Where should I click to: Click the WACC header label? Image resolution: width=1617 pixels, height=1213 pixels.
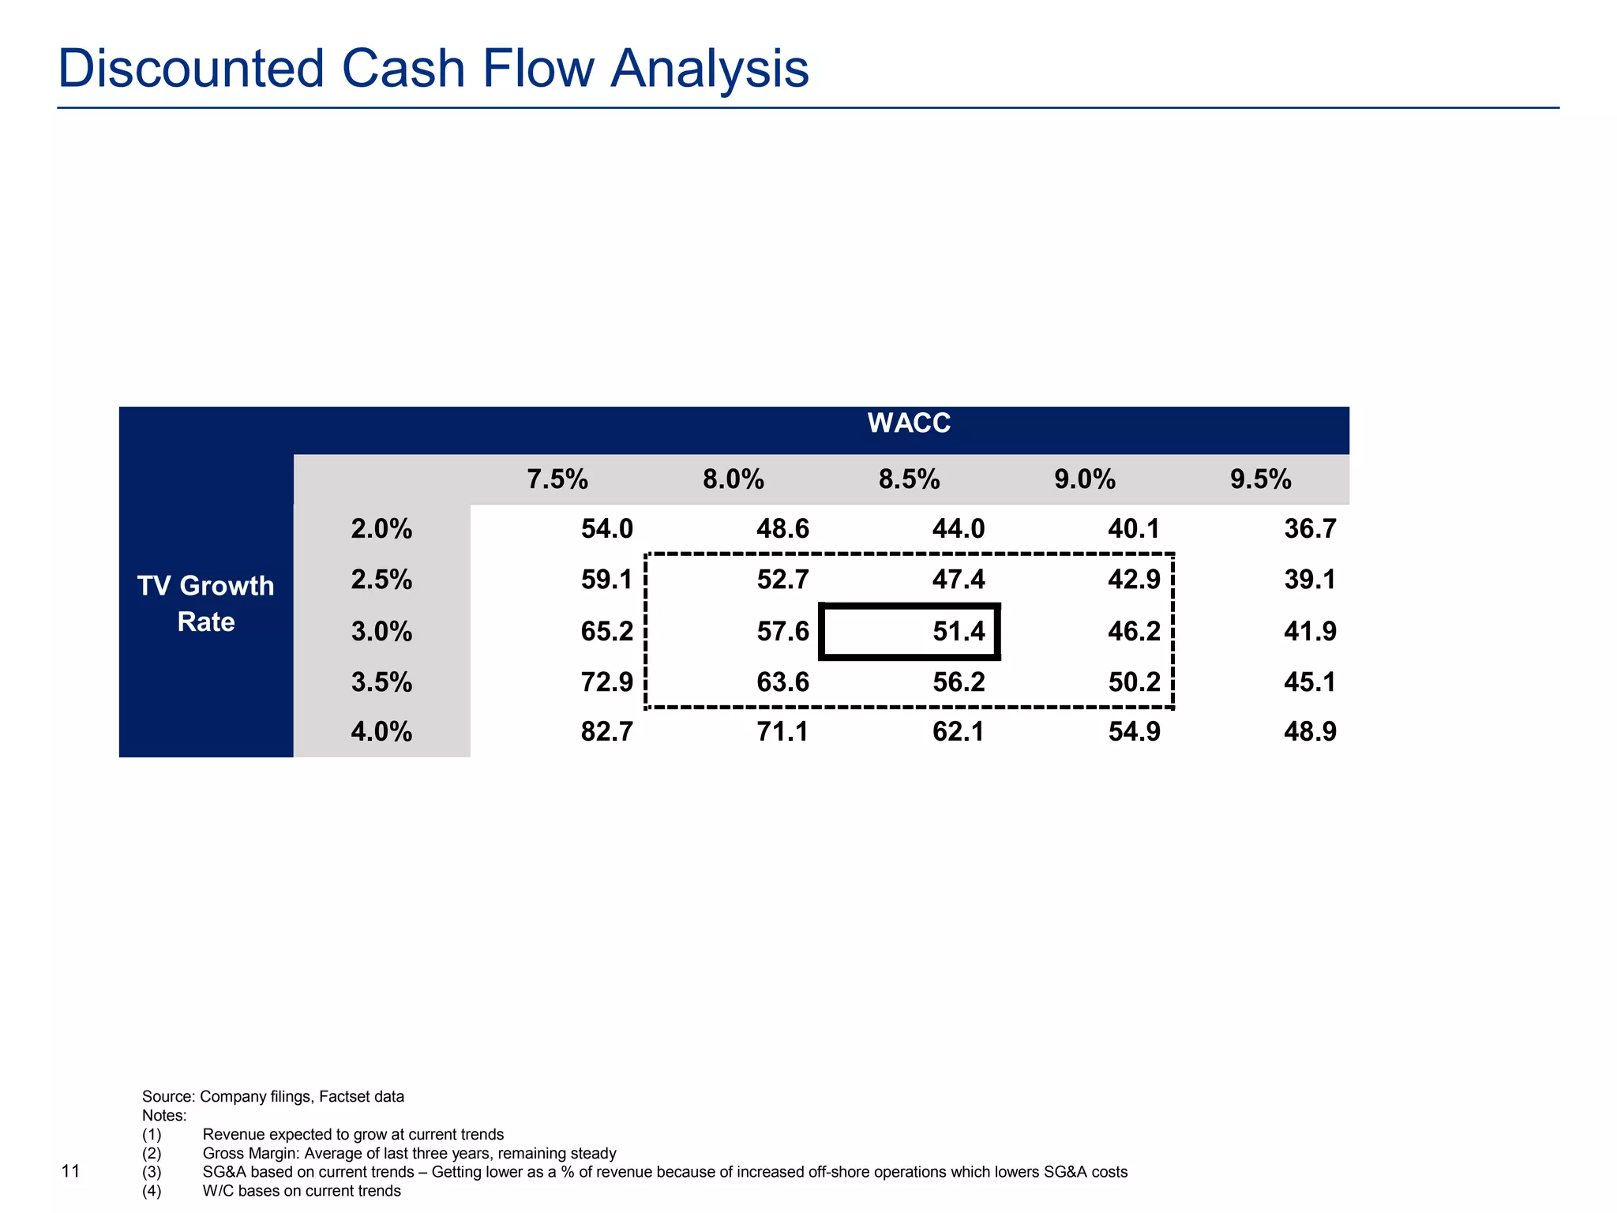coord(909,423)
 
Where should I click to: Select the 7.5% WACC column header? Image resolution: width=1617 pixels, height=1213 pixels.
coord(557,479)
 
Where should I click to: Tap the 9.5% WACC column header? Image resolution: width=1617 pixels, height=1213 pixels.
coord(1260,479)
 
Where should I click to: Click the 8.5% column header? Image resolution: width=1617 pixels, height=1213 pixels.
coord(909,479)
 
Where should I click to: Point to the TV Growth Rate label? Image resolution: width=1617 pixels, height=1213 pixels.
coord(205,603)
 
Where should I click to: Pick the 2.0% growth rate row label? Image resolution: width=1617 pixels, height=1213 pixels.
coord(381,529)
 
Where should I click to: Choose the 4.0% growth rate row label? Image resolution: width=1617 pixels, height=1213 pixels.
coord(381,732)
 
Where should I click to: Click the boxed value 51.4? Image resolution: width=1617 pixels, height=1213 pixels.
coord(958,631)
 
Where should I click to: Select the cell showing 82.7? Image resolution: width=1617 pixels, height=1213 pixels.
coord(606,732)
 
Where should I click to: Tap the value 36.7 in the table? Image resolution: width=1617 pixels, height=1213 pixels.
coord(1310,529)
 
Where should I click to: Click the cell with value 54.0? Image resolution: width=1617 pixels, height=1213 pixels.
coord(606,529)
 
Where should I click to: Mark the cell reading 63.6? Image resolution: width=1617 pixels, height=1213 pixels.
coord(782,682)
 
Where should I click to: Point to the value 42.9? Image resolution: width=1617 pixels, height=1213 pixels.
coord(1134,580)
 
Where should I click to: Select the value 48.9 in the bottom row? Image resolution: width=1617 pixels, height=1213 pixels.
coord(1310,732)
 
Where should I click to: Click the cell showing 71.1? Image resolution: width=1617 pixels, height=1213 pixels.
coord(782,732)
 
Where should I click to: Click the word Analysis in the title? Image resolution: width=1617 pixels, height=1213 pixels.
coord(710,69)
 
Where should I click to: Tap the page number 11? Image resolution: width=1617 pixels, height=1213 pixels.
coord(70,1171)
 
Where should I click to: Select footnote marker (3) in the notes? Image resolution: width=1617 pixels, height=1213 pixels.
coord(152,1172)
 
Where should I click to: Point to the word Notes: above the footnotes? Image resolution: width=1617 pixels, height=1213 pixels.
coord(164,1116)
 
